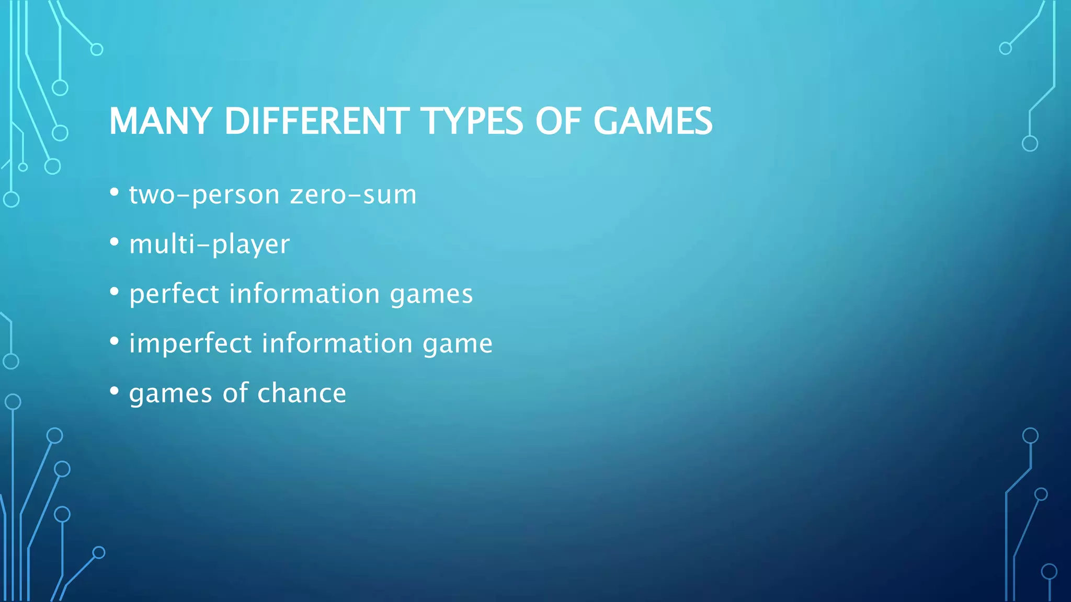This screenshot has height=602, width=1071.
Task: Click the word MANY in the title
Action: [159, 121]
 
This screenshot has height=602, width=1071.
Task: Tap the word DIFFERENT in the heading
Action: [317, 121]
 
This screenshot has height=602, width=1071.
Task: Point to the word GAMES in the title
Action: [653, 121]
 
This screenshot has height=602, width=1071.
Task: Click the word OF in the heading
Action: [558, 121]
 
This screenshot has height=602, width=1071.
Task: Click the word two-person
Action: [204, 195]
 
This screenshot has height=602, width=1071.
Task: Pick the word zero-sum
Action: [354, 195]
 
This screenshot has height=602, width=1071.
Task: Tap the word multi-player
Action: [209, 245]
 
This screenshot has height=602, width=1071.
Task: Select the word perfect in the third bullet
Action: [174, 294]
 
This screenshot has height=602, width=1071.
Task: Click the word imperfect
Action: [190, 343]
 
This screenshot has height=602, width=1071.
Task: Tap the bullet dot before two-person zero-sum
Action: [115, 192]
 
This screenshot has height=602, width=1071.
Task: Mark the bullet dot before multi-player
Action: [115, 242]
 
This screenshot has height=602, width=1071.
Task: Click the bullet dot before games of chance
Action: [115, 390]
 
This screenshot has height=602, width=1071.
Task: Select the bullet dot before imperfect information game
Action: [115, 341]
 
